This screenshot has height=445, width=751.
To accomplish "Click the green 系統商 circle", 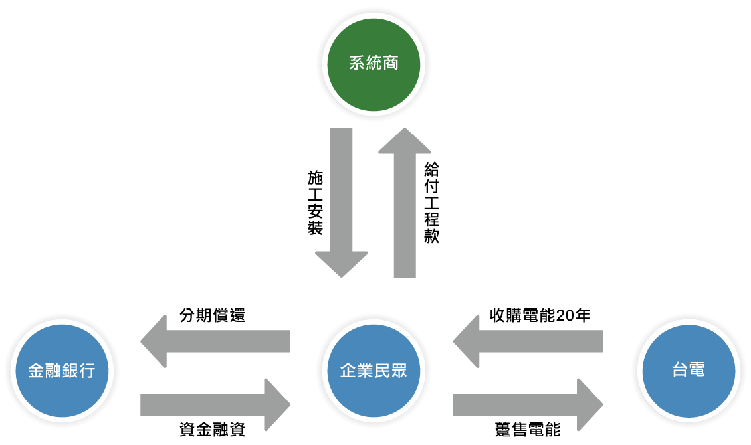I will click(374, 64).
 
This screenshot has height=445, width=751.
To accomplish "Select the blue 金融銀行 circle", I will click(62, 371).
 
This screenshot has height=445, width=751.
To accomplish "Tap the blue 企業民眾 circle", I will click(374, 371).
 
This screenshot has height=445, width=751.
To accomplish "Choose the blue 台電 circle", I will click(689, 371).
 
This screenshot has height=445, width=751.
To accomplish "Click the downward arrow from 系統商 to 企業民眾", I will click(342, 199).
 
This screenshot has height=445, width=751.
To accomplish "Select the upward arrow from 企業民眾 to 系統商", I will click(405, 206).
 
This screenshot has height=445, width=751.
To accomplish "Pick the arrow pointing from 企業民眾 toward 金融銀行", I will click(219, 341).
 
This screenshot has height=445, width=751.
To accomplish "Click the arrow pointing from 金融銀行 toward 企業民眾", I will click(213, 404).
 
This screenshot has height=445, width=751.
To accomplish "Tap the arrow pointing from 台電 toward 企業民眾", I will click(532, 341).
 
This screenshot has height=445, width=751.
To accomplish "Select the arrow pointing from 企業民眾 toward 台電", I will click(525, 404).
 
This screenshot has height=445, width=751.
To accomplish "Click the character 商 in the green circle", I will click(391, 64).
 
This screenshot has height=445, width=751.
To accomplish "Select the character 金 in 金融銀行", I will click(36, 371).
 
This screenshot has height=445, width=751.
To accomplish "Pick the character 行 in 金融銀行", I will click(87, 371).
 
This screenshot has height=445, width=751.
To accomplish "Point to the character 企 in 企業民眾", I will click(348, 371).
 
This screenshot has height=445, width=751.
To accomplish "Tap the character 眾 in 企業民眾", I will click(399, 371).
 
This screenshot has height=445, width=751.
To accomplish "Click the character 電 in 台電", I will click(697, 371).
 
